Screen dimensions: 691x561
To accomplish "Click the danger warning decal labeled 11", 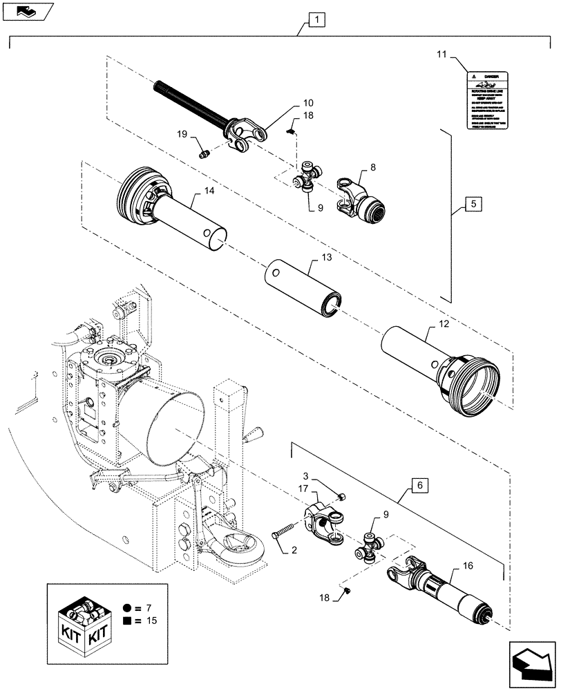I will click(x=491, y=99).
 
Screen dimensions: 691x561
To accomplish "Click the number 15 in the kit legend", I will click(x=149, y=621).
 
